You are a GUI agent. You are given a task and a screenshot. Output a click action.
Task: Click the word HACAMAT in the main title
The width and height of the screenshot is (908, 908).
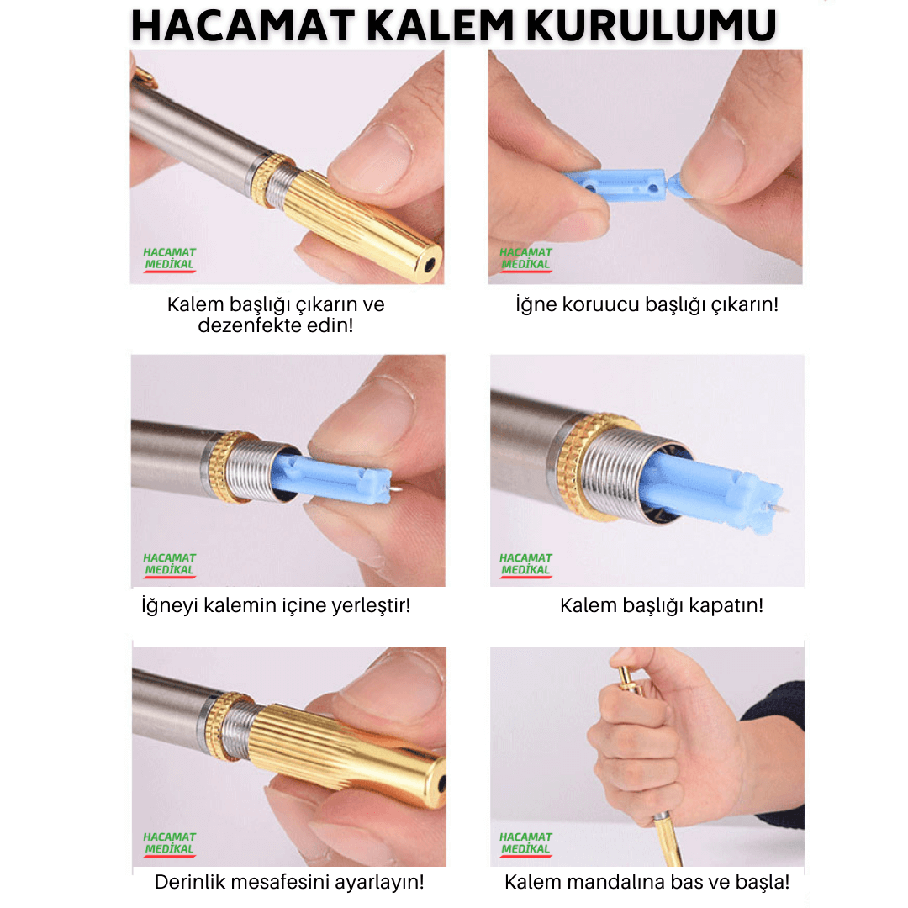pyautogui.click(x=243, y=26)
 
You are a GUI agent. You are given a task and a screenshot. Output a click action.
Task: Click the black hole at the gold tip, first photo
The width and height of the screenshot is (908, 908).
pyautogui.click(x=429, y=265)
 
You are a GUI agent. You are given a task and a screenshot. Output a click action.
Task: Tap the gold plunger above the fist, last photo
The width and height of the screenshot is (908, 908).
pyautogui.click(x=628, y=678)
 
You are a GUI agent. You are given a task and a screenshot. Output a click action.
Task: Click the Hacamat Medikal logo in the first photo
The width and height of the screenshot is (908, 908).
pyautogui.click(x=170, y=259)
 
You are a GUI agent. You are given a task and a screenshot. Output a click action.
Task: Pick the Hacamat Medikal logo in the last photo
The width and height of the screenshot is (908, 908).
pyautogui.click(x=525, y=844)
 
